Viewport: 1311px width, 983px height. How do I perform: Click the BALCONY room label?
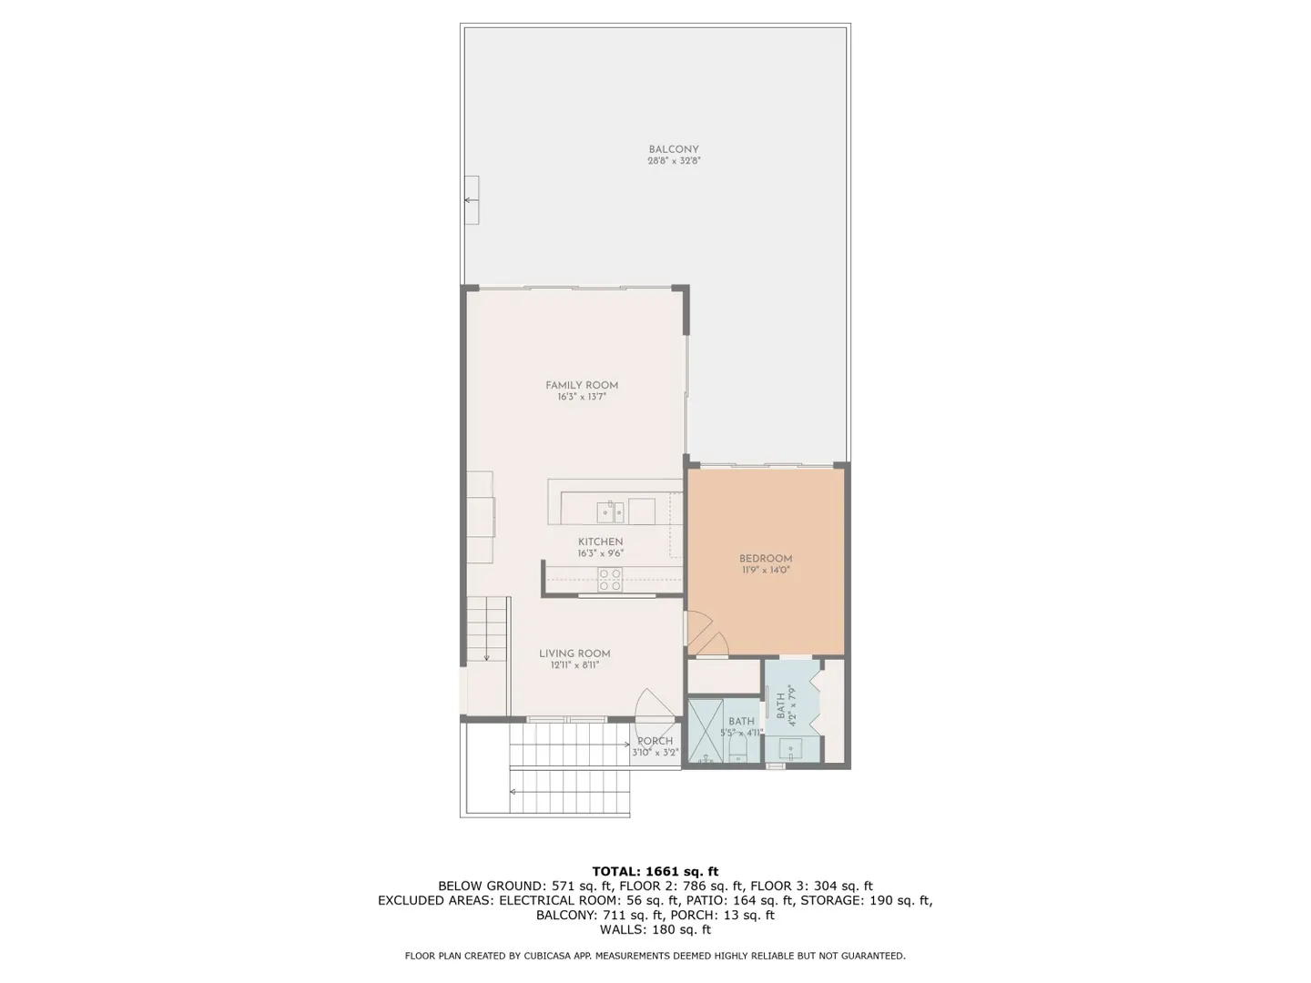click(x=673, y=149)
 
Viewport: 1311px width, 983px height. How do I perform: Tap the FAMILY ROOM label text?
click(x=581, y=385)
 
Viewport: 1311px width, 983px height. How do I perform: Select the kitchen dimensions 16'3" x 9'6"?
click(x=600, y=553)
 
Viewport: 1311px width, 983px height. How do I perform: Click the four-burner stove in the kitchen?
click(x=610, y=579)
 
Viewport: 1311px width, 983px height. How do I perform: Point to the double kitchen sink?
click(x=610, y=512)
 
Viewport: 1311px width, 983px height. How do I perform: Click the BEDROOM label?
click(x=765, y=559)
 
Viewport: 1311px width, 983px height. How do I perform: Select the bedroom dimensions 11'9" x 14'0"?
click(x=765, y=570)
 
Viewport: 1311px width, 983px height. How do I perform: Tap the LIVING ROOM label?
click(x=574, y=654)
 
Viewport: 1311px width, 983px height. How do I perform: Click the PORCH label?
click(x=655, y=741)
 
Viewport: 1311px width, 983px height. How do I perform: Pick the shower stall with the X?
click(x=706, y=731)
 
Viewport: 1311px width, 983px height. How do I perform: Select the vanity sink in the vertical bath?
click(x=793, y=749)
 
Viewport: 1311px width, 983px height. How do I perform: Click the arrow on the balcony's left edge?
click(x=472, y=200)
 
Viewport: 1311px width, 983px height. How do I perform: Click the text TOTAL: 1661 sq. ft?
click(x=655, y=871)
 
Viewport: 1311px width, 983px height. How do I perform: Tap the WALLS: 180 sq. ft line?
click(x=655, y=930)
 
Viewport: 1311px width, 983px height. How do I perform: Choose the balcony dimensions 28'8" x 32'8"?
click(x=674, y=160)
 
